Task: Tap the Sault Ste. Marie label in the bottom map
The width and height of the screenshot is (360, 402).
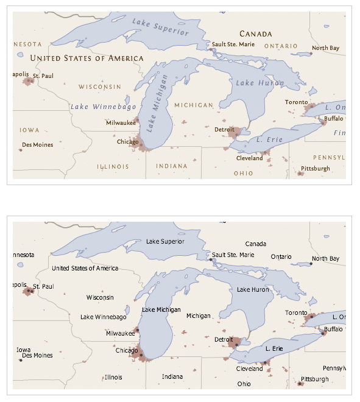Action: click(x=233, y=255)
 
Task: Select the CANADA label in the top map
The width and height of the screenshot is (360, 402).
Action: click(x=255, y=34)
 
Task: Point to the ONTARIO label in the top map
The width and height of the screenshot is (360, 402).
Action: click(x=281, y=46)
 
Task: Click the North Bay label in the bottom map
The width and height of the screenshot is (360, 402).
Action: click(x=325, y=258)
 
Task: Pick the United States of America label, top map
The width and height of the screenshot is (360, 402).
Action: click(x=86, y=58)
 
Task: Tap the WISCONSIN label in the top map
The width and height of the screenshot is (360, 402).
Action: click(x=99, y=87)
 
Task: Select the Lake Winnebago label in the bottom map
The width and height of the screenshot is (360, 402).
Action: click(x=104, y=317)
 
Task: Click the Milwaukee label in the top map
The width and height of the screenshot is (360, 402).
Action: click(x=121, y=122)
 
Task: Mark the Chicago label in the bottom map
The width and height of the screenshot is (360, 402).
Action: click(x=127, y=350)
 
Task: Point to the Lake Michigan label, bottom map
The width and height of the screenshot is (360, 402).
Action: click(x=161, y=309)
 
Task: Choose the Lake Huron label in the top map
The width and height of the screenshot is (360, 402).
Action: click(x=255, y=82)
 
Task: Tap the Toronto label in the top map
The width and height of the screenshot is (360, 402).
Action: click(x=297, y=102)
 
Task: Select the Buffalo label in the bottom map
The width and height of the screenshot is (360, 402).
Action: click(x=334, y=330)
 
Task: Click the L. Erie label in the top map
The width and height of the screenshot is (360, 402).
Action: click(x=267, y=139)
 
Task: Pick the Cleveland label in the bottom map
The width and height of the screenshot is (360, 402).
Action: click(x=249, y=369)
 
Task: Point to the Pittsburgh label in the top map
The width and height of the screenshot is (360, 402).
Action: click(x=316, y=168)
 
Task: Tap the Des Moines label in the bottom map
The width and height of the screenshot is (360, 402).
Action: click(x=37, y=355)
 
